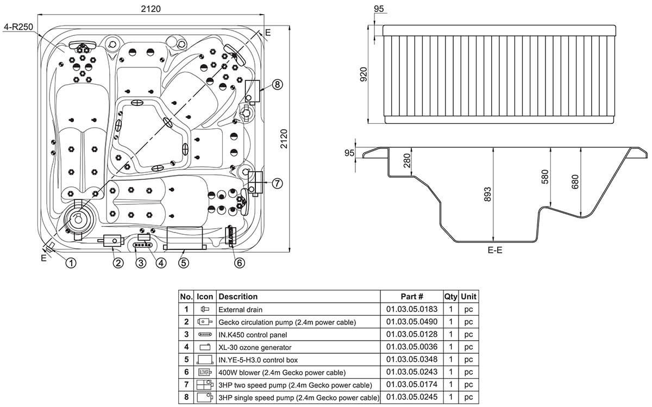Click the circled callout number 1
point(71,263)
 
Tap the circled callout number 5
point(184,263)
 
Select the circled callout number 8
point(277,84)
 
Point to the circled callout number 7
point(277,184)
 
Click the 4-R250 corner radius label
point(18,27)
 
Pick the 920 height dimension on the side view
point(363,74)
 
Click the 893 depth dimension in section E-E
point(487,194)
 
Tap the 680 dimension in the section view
point(575,181)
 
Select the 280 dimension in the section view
point(407,160)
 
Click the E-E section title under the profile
point(495,250)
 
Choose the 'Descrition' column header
point(238,297)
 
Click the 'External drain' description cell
point(240,310)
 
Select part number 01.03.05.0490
point(412,322)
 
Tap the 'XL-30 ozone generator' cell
point(255,347)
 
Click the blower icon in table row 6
point(205,372)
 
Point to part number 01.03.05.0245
point(412,397)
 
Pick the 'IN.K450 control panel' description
point(253,335)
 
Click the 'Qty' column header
point(450,297)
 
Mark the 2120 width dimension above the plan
point(151,9)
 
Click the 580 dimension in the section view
point(545,177)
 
